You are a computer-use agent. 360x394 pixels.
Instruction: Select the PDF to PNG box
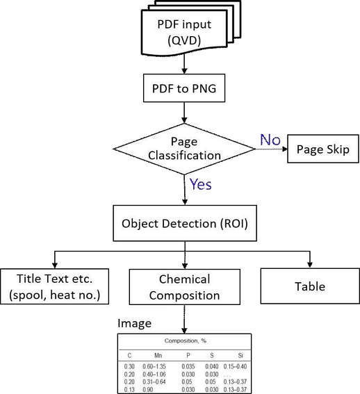pyautogui.click(x=183, y=89)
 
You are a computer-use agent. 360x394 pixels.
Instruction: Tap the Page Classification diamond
pyautogui.click(x=184, y=149)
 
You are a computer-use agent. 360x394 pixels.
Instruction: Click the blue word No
pyautogui.click(x=270, y=140)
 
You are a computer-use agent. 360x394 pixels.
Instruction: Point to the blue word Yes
pyautogui.click(x=200, y=184)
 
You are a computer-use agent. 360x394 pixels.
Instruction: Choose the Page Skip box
pyautogui.click(x=323, y=149)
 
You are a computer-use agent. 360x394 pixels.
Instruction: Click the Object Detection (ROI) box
pyautogui.click(x=183, y=224)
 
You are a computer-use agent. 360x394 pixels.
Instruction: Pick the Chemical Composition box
pyautogui.click(x=184, y=287)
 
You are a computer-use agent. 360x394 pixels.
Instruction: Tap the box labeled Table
pyautogui.click(x=309, y=286)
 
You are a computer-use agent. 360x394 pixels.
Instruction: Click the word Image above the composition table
pyautogui.click(x=134, y=323)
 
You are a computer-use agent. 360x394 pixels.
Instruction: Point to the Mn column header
pyautogui.click(x=158, y=354)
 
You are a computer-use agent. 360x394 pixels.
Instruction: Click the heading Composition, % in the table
pyautogui.click(x=184, y=341)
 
